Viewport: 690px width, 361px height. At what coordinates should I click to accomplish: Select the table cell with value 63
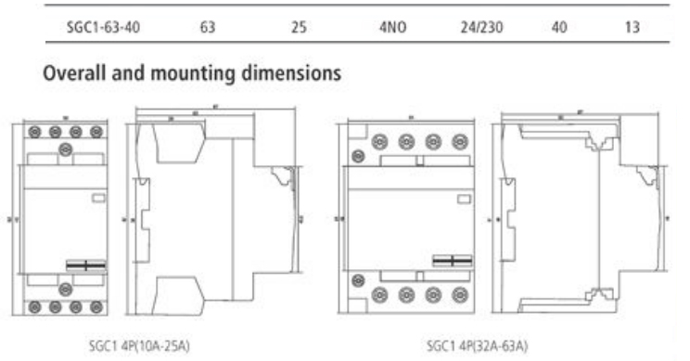(206, 28)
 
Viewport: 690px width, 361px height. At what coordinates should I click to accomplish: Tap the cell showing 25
(298, 28)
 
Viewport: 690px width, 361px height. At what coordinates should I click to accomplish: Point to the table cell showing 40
(559, 28)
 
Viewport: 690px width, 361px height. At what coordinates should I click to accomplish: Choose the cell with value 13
(632, 28)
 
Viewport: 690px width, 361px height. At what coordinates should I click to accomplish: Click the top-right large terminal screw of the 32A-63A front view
(460, 143)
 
